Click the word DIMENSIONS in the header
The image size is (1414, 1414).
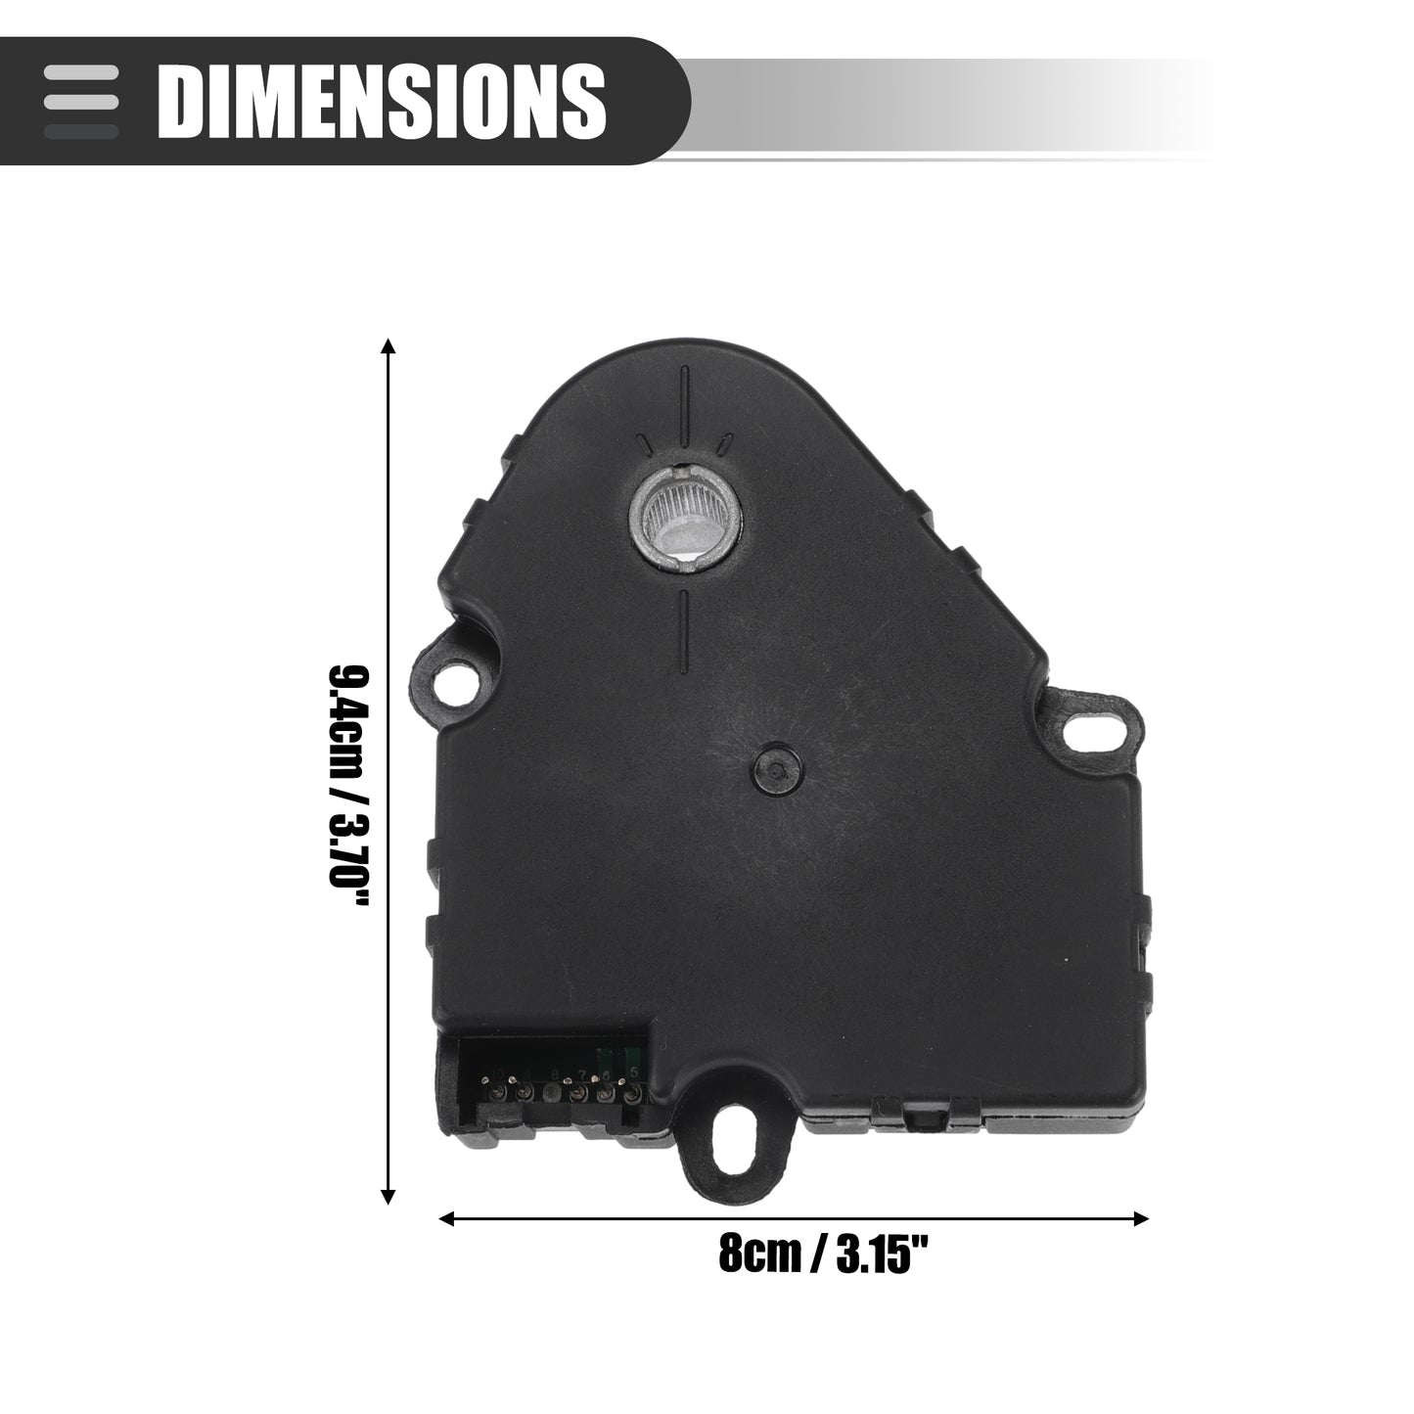[382, 101]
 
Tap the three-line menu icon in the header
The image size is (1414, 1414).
[80, 102]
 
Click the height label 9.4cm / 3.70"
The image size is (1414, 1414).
[347, 786]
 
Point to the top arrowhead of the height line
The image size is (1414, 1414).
[388, 347]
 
